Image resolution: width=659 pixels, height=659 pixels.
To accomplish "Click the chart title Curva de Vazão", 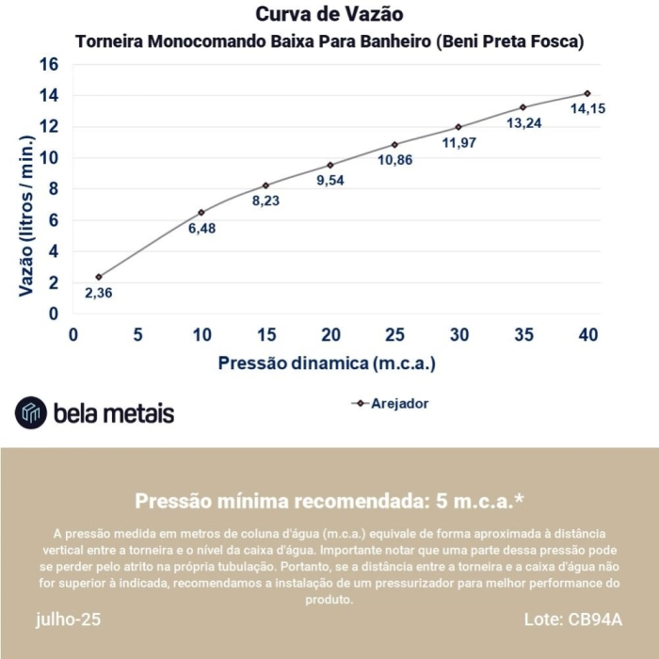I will (329, 15).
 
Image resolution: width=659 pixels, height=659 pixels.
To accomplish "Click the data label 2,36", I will (99, 293).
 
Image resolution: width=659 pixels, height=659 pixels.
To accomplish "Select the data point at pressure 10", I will (201, 213).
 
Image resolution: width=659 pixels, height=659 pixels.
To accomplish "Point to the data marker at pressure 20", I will (330, 165).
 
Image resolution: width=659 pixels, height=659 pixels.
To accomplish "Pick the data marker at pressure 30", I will (458, 127).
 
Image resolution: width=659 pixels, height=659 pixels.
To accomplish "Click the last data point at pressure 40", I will (587, 93).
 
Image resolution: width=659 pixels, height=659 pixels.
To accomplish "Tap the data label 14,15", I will (587, 109).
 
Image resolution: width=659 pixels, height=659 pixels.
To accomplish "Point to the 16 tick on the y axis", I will (49, 64).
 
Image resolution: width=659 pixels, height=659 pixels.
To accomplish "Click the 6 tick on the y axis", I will (54, 220).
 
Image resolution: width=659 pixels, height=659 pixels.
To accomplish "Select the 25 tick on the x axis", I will (394, 335).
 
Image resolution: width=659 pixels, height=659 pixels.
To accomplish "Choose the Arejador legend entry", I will (391, 403).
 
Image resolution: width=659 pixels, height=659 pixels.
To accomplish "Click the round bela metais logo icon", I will (30, 412).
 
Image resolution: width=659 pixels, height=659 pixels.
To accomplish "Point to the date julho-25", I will (69, 619).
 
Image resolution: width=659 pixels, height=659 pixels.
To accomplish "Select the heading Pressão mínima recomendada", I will (329, 500).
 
